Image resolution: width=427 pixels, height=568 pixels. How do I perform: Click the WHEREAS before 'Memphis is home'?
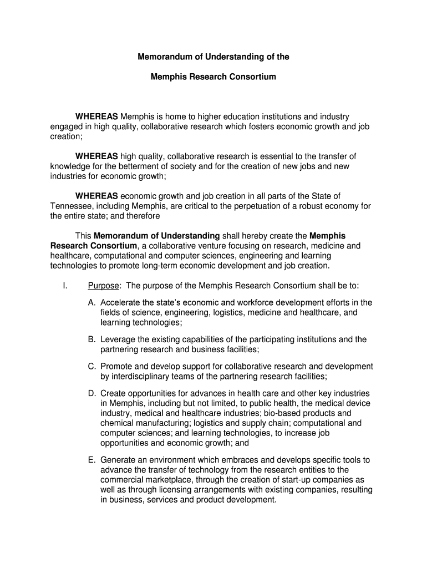[96, 117]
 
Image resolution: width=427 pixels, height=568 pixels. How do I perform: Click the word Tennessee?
[70, 206]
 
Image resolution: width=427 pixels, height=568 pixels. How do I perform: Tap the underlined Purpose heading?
[103, 286]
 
